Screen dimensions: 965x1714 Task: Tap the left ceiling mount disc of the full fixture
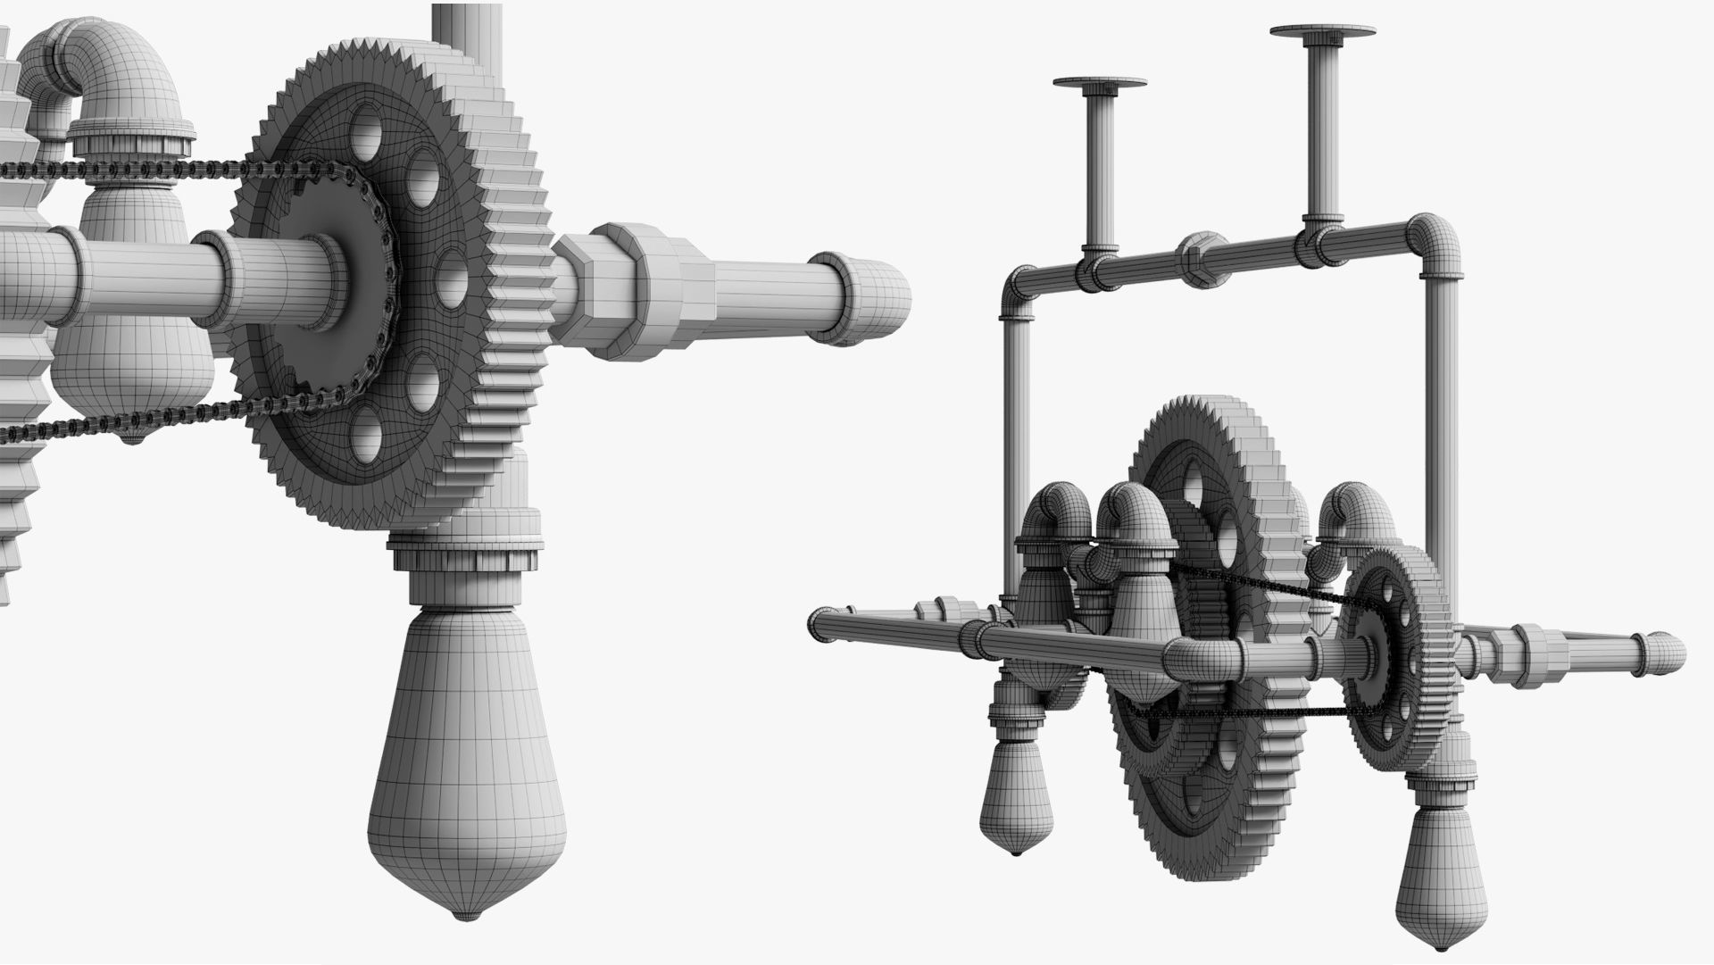tap(1099, 85)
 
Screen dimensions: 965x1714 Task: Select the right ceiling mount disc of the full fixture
tap(1322, 32)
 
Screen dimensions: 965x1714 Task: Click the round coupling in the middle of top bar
tap(1202, 258)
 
